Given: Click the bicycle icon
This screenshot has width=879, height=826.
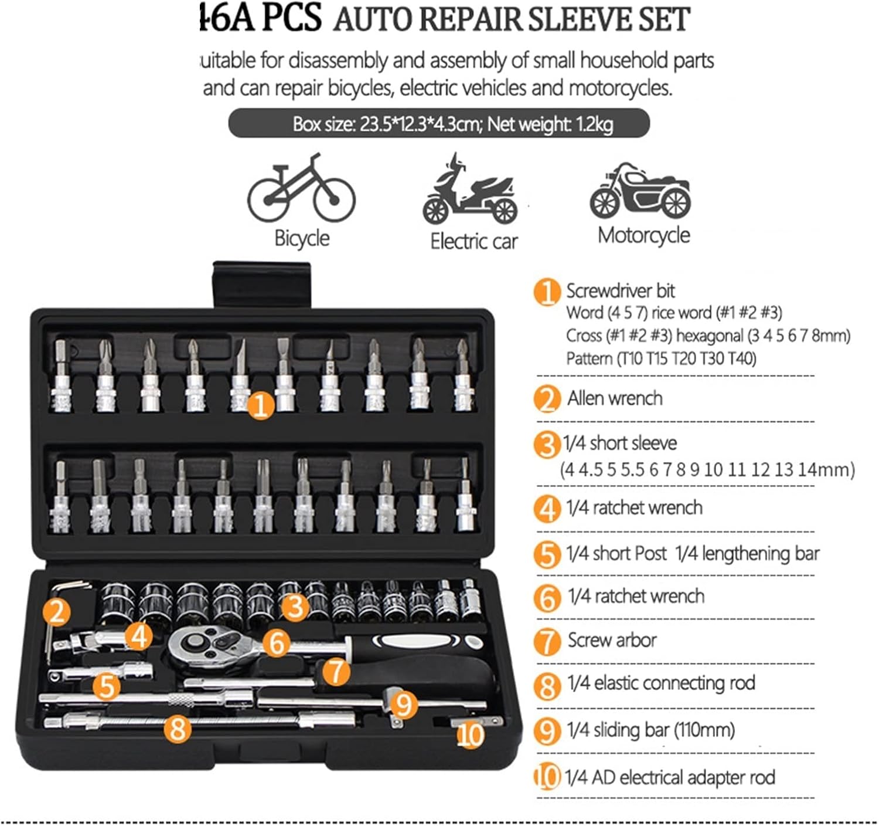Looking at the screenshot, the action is point(301,189).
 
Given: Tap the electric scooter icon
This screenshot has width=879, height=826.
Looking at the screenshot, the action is point(471,190).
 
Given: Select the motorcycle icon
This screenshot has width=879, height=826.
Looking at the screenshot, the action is point(640,191).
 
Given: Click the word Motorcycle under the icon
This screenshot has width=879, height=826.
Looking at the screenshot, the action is point(643,235).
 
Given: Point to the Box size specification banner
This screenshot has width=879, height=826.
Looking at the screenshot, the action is point(439,124).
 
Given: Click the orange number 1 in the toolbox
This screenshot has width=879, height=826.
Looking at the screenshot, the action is point(261,405).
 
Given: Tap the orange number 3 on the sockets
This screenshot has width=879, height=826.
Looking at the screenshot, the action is point(295,607).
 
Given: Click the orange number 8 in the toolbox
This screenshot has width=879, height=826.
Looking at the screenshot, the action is point(178,729).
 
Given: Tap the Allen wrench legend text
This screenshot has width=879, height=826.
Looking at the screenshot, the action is point(614,398).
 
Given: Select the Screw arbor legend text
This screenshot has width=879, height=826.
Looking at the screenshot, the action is point(612,640).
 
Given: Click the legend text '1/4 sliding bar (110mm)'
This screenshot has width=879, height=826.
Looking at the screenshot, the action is point(650,730).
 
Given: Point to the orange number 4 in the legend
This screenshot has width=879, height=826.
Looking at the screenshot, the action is point(547,509).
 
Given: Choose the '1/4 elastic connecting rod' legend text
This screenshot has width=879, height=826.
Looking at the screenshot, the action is point(660,683).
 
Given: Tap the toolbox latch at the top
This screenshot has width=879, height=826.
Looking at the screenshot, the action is point(261,284).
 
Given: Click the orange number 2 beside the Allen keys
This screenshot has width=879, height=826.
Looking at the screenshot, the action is point(57,612).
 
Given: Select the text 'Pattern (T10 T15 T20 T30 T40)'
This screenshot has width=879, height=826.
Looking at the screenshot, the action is point(660,358).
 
